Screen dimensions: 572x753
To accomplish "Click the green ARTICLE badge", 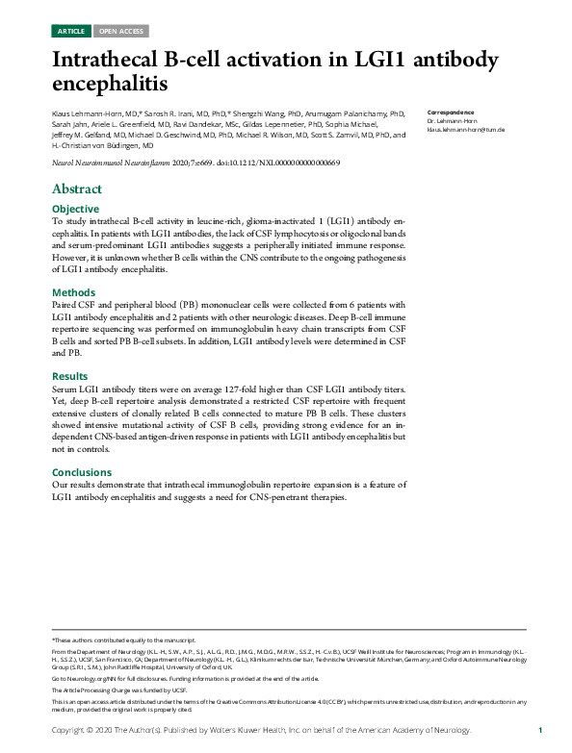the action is coord(71,32).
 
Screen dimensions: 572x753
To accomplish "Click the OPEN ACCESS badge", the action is coord(121,32).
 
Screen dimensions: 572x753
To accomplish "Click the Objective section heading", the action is coord(75,209).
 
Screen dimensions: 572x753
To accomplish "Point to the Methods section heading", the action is coord(73,291).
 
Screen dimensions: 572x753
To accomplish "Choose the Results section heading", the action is coord(70,375).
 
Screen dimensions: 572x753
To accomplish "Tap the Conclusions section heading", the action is coord(82,472).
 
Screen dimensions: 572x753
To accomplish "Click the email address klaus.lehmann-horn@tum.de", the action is coord(466,129).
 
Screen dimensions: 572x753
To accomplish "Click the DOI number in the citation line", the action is coord(290,164).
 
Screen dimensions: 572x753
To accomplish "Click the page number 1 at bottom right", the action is coord(540,731).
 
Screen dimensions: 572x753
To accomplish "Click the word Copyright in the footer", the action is coord(72,731).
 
